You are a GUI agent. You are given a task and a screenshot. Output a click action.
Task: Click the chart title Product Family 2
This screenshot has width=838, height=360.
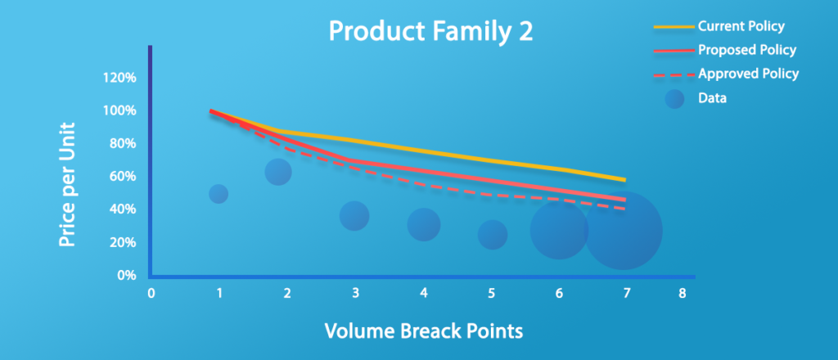coord(430,32)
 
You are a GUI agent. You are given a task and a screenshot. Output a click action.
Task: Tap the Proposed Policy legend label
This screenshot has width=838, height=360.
coord(747,50)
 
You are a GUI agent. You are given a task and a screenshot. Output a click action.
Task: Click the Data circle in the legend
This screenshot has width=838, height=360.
coord(674,98)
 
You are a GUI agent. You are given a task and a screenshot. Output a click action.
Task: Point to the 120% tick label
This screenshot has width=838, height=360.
coord(120,78)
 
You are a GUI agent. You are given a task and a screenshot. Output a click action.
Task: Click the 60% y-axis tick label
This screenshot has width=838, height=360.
coord(123,177)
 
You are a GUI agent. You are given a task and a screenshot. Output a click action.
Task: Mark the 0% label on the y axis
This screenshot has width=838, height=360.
coord(126,276)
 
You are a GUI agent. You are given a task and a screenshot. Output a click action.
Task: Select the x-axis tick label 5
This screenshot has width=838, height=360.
coord(491,293)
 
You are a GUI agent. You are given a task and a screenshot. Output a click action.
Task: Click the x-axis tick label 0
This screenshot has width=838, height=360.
coord(151,293)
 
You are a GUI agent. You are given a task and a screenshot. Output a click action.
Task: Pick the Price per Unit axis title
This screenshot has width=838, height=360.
coord(66,185)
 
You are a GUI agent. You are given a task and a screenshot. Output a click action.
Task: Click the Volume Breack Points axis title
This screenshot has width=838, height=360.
coord(424,331)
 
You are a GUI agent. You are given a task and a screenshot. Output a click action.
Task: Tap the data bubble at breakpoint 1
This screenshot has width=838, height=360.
coord(218,194)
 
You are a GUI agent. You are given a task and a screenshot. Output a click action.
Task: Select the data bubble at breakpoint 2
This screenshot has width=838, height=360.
coord(278,172)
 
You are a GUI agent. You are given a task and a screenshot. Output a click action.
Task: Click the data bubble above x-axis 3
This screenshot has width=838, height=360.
coord(354,216)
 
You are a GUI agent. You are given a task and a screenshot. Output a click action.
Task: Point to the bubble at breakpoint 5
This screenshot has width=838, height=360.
coord(492,235)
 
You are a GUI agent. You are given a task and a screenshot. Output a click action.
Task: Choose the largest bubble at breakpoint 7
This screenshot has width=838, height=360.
coord(623,231)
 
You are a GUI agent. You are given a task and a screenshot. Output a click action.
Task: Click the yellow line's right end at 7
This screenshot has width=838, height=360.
coord(624,180)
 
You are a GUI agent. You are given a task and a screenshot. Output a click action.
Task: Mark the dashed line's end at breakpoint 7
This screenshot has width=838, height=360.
coord(624,209)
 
